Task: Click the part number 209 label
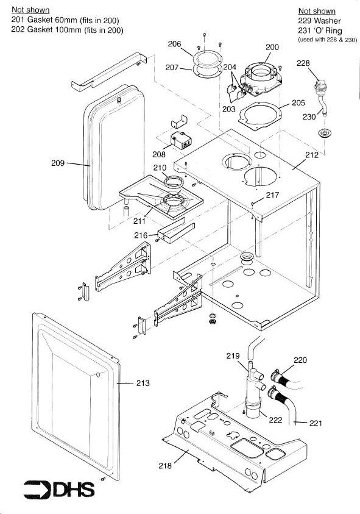click(x=58, y=163)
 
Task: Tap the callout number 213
click(x=143, y=383)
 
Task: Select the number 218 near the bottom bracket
click(x=165, y=465)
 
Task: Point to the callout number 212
click(x=311, y=155)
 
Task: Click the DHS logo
click(x=59, y=490)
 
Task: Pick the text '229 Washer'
click(x=319, y=21)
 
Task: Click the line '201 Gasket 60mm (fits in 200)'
click(x=65, y=20)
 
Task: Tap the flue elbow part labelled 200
click(x=261, y=80)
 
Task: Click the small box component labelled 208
click(x=181, y=140)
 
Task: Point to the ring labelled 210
click(x=174, y=182)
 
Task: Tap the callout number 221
click(x=316, y=423)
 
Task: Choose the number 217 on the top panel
click(x=272, y=195)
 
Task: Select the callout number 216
click(x=141, y=235)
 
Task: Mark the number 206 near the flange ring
click(x=174, y=44)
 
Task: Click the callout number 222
click(x=275, y=420)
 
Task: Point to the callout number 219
click(x=233, y=355)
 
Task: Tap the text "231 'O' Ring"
click(x=320, y=31)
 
